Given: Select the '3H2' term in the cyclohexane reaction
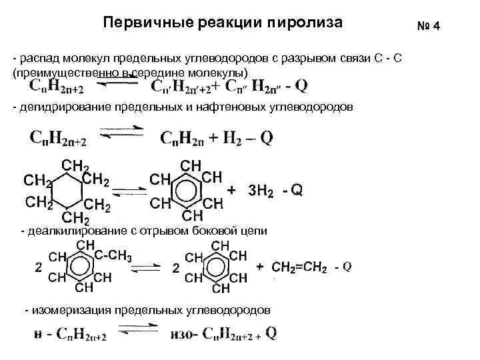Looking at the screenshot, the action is (x=261, y=191).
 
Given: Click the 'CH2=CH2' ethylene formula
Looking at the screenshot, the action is (x=299, y=267).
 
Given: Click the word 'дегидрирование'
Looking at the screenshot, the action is (x=58, y=107).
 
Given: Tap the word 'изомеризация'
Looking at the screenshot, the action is (x=69, y=310).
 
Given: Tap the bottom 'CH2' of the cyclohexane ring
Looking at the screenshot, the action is (x=76, y=219).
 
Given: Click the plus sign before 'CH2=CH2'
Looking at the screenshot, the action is (x=260, y=267).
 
